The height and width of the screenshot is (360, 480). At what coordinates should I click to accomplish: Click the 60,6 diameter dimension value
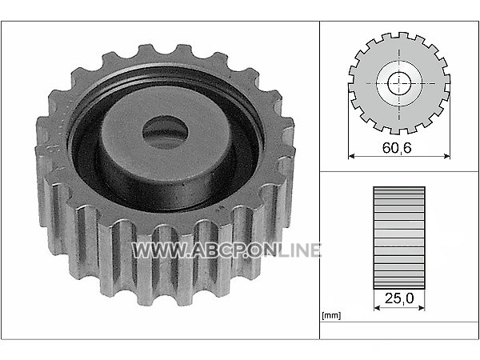(397, 148)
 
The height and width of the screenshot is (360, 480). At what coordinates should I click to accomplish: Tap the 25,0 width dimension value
(399, 298)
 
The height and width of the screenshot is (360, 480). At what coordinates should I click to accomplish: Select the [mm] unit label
(331, 315)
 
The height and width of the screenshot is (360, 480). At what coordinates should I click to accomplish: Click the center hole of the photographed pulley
(166, 133)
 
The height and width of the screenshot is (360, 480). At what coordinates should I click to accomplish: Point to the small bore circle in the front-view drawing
(399, 83)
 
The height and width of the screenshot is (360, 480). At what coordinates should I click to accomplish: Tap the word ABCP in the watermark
(218, 250)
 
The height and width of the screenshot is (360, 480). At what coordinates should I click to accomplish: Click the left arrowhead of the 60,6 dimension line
(352, 156)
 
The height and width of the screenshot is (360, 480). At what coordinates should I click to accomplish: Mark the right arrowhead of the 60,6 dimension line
(447, 156)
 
